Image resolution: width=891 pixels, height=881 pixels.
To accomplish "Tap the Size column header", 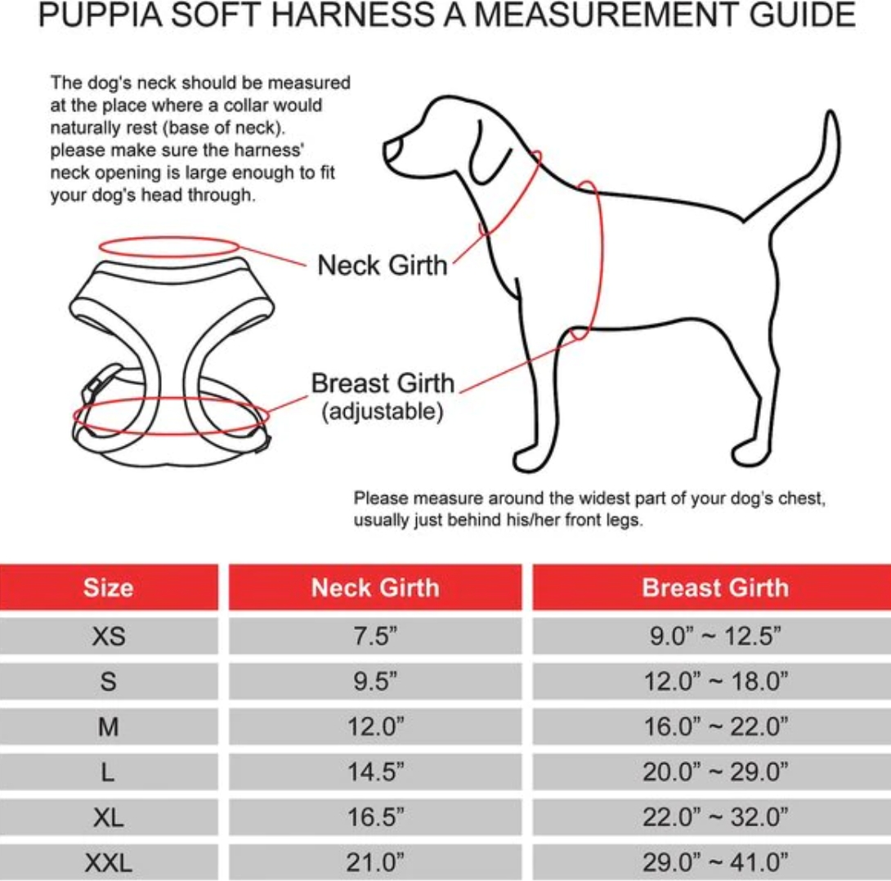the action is (109, 588).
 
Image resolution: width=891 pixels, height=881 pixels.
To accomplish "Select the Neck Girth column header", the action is (375, 588).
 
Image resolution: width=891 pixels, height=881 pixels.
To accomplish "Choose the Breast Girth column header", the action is (715, 588).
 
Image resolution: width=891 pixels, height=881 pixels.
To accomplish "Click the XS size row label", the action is (109, 636).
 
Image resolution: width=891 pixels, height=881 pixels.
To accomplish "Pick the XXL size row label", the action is (109, 863).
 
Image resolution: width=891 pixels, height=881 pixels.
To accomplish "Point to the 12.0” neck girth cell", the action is (375, 727).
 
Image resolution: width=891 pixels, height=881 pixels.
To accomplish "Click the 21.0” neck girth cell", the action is (375, 862).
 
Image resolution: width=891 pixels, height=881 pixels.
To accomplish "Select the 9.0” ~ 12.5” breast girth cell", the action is (715, 636).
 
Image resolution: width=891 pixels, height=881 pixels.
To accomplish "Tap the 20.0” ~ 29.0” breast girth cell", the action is (715, 772).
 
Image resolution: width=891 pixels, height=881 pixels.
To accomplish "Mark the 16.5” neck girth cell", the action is (375, 817).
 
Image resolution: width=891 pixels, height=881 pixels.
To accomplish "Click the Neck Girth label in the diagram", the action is (383, 266).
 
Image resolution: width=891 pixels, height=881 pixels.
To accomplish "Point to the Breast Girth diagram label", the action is (383, 383).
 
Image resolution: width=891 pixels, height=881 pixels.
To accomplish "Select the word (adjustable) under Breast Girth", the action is (383, 411).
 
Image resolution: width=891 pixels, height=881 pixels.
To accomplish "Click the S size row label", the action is (109, 681).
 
